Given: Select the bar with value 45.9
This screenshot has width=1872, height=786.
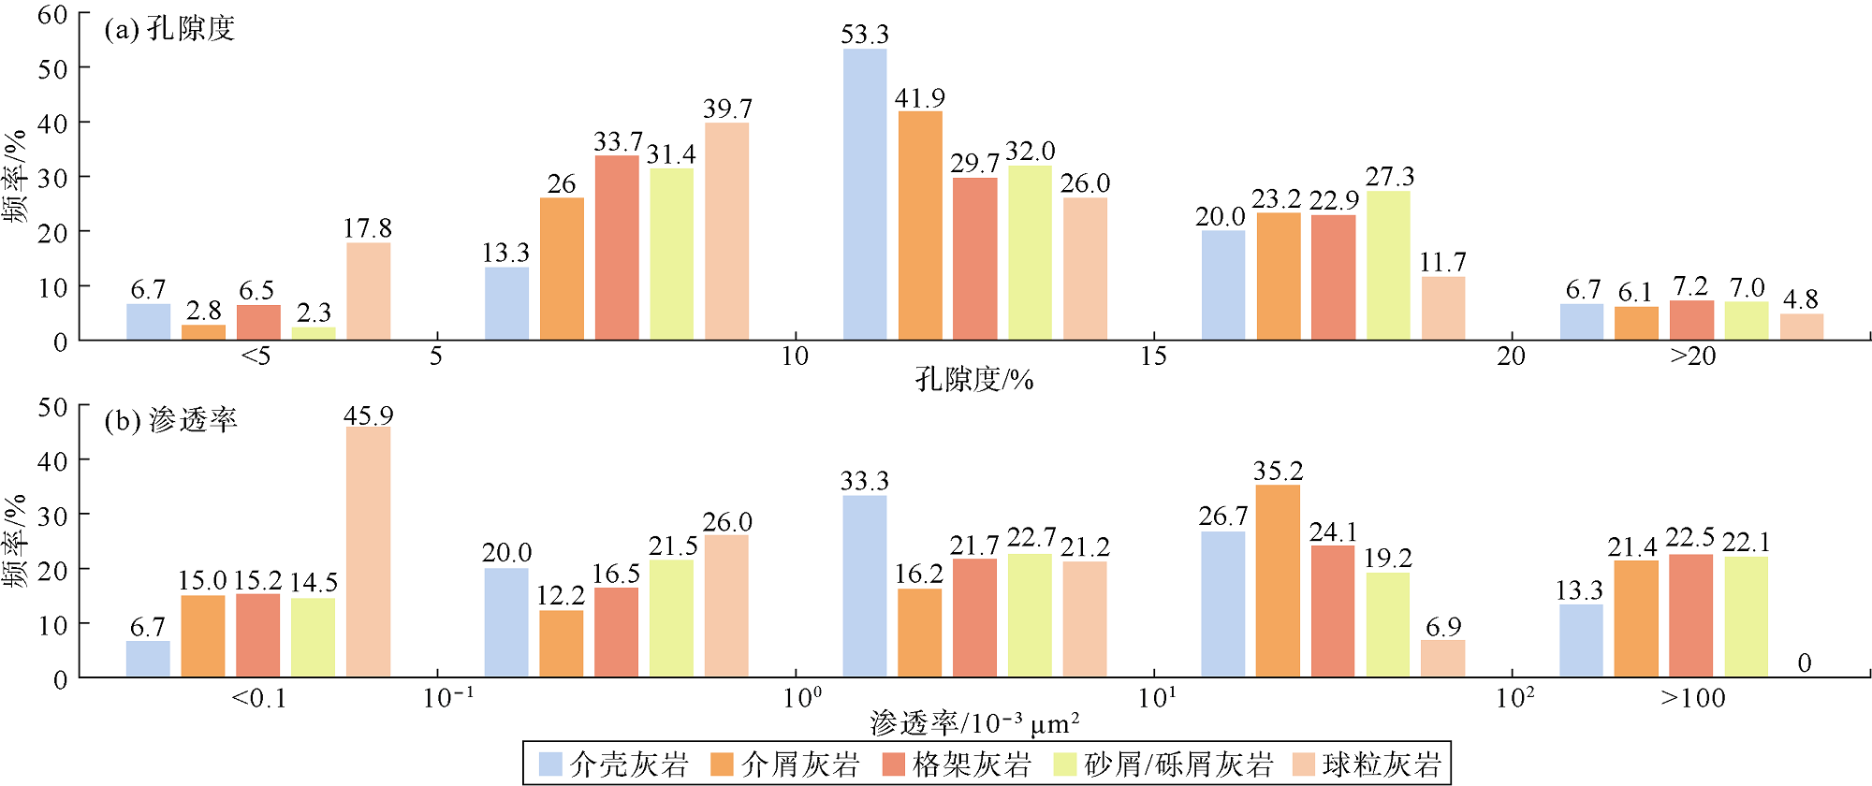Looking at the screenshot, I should click(x=368, y=552).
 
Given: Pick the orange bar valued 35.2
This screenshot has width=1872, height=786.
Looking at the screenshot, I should click(x=1278, y=580).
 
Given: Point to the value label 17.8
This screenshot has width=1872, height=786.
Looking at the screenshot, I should click(x=367, y=228).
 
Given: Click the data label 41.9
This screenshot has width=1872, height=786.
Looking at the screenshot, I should click(x=919, y=98).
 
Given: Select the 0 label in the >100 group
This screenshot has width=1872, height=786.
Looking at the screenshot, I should click(x=1804, y=663).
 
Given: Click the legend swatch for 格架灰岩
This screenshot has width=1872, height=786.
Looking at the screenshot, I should click(x=894, y=764).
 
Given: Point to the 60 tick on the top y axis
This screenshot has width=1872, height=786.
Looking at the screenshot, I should click(x=52, y=15).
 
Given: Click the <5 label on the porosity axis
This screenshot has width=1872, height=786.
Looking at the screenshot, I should click(x=256, y=357).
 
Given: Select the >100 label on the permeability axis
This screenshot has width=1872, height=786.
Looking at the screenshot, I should click(x=1692, y=698).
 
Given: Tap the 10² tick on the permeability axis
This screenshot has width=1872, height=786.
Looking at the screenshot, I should click(x=1514, y=698).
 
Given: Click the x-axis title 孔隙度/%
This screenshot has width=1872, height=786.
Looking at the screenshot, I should click(x=973, y=379).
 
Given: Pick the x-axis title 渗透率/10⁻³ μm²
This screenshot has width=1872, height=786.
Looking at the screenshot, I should click(x=973, y=723).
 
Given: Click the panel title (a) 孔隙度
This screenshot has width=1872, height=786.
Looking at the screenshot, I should click(x=169, y=29).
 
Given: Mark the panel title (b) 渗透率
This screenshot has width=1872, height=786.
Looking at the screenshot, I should click(x=170, y=420).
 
